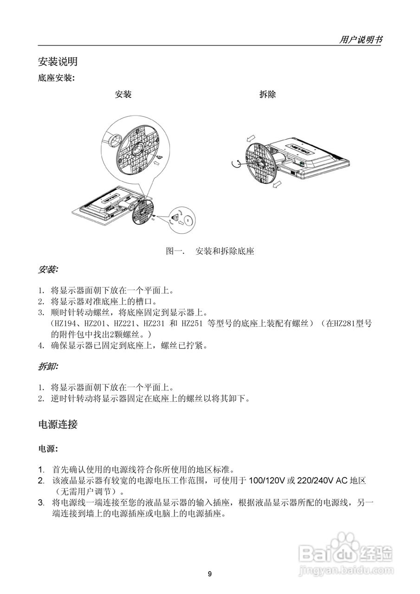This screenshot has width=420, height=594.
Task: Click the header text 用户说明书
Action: click(x=361, y=40)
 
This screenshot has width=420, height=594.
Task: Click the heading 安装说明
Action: click(x=58, y=61)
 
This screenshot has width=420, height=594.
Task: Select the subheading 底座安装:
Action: click(x=56, y=78)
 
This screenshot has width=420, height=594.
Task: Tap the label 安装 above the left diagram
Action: click(x=123, y=94)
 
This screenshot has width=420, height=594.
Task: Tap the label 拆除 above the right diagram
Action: click(x=267, y=94)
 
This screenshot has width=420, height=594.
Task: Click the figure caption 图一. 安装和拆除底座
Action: click(x=210, y=252)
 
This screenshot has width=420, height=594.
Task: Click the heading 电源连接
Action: click(x=58, y=424)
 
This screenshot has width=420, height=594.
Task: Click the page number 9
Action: click(x=210, y=574)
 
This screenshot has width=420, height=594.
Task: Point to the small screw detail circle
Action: click(x=181, y=218)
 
